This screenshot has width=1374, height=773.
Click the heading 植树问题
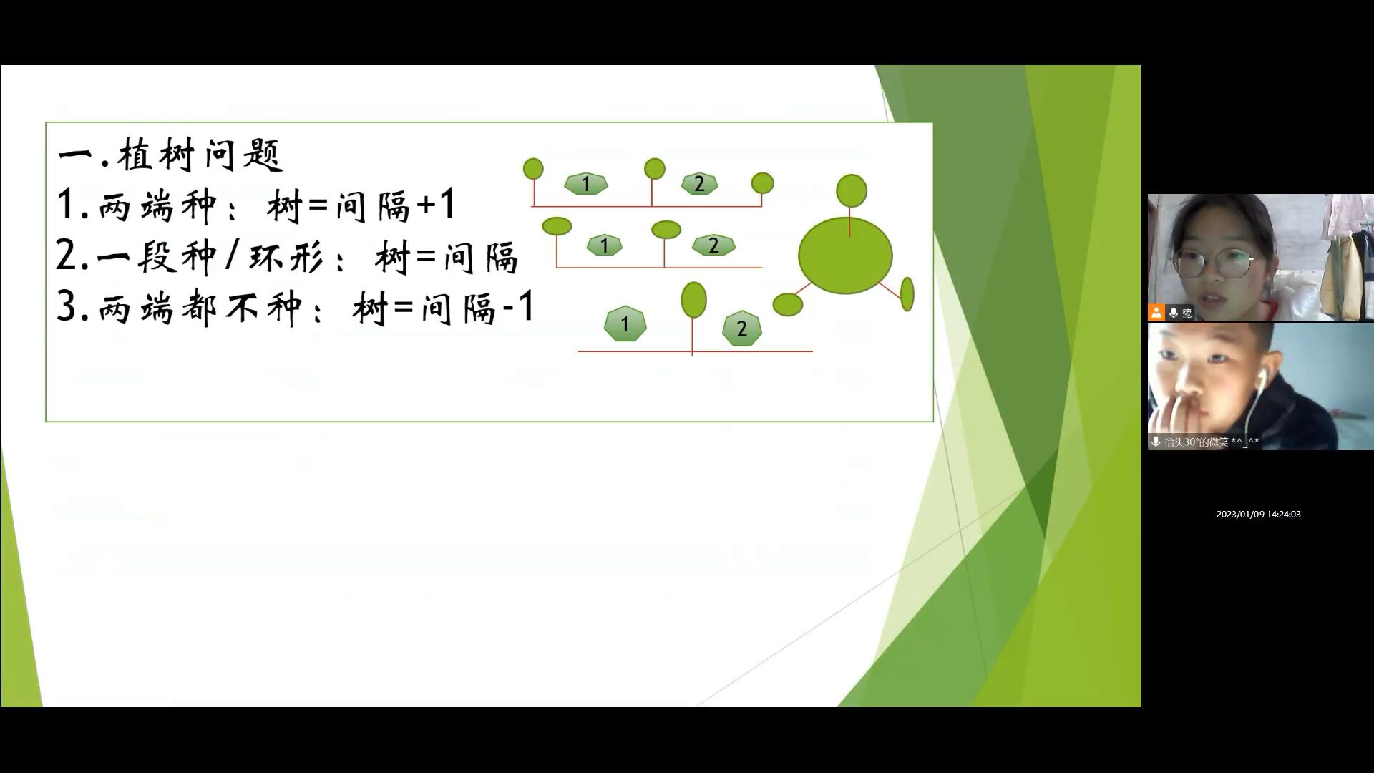click(201, 154)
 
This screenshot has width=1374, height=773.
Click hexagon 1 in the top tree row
click(585, 184)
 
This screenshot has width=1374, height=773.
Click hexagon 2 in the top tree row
click(699, 184)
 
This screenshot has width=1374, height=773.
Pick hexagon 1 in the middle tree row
click(604, 245)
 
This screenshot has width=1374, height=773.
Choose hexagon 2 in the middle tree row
click(713, 245)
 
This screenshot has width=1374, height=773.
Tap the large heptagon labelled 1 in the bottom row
click(625, 324)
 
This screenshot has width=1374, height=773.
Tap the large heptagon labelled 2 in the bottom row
click(741, 329)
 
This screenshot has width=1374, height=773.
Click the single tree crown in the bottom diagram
click(693, 299)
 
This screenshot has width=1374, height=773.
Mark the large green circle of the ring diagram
click(845, 256)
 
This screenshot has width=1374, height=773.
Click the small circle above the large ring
click(852, 190)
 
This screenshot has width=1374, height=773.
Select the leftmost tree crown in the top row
click(533, 169)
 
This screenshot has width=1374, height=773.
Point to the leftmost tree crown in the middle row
click(557, 226)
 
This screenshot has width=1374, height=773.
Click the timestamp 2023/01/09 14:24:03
click(1258, 515)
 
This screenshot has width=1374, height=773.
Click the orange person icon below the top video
click(1156, 313)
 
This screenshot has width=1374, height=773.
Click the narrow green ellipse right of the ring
click(907, 294)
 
